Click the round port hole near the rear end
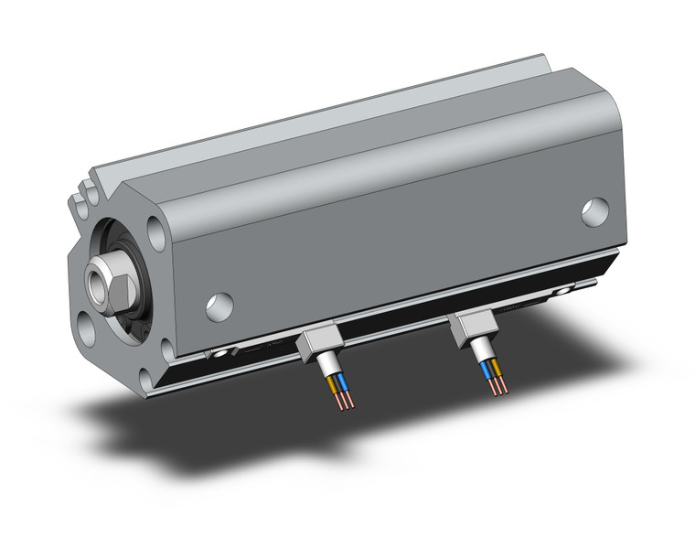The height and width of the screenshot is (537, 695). click(594, 212)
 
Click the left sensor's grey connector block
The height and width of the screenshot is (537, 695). click(315, 344)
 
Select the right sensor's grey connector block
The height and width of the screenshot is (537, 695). click(474, 326)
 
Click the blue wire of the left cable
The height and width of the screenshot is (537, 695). click(336, 381)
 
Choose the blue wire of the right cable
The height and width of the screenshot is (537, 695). click(487, 368)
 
